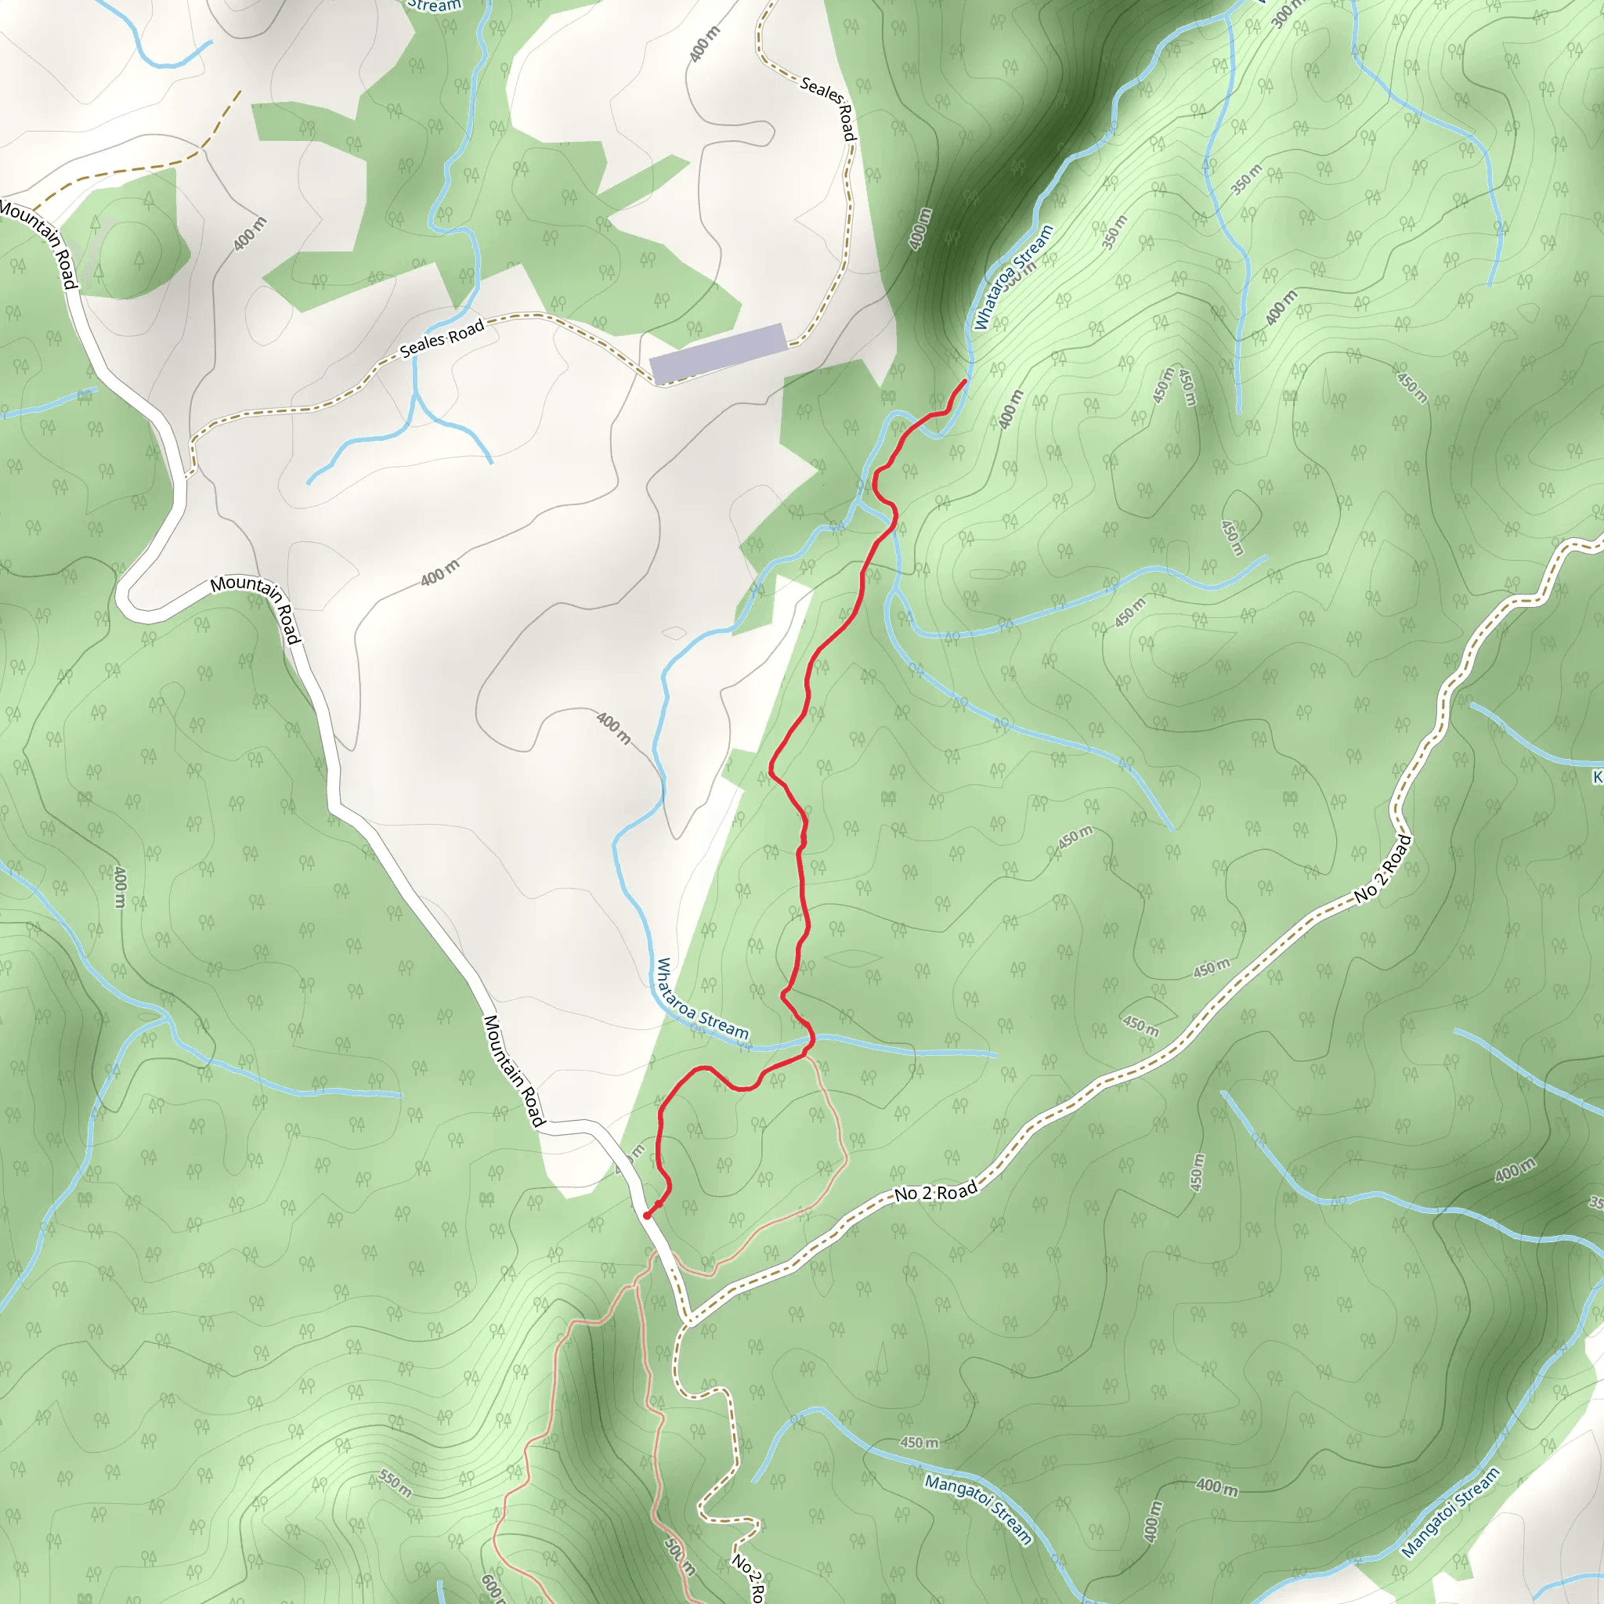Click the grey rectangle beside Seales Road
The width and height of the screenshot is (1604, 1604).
(x=717, y=354)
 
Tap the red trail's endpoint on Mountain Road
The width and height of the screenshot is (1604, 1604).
(x=647, y=1216)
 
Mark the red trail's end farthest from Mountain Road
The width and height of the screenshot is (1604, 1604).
(x=964, y=381)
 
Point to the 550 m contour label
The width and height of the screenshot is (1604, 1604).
(x=396, y=1483)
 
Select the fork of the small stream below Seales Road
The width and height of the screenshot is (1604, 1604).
(x=414, y=397)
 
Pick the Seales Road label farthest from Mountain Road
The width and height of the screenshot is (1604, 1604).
(x=829, y=108)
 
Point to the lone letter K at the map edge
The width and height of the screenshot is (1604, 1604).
(x=1598, y=777)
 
